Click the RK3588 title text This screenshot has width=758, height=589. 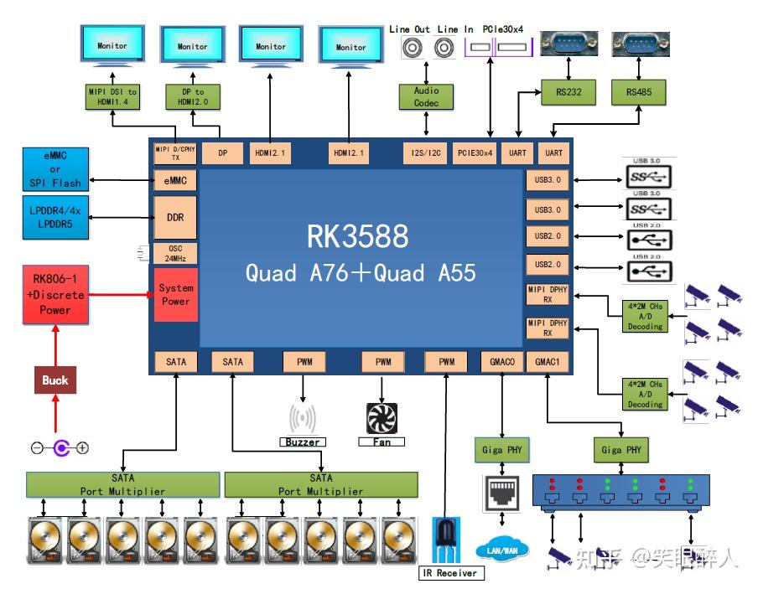(357, 237)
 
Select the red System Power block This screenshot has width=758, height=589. (175, 295)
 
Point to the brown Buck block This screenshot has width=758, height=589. (55, 380)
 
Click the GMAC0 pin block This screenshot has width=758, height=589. (502, 362)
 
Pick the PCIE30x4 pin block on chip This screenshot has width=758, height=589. (475, 153)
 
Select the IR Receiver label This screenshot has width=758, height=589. (451, 573)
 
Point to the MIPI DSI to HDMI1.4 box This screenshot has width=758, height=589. (112, 96)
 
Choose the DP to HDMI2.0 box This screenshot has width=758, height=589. (192, 96)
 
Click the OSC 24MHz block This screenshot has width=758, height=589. (175, 253)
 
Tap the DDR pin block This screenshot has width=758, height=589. (175, 218)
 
